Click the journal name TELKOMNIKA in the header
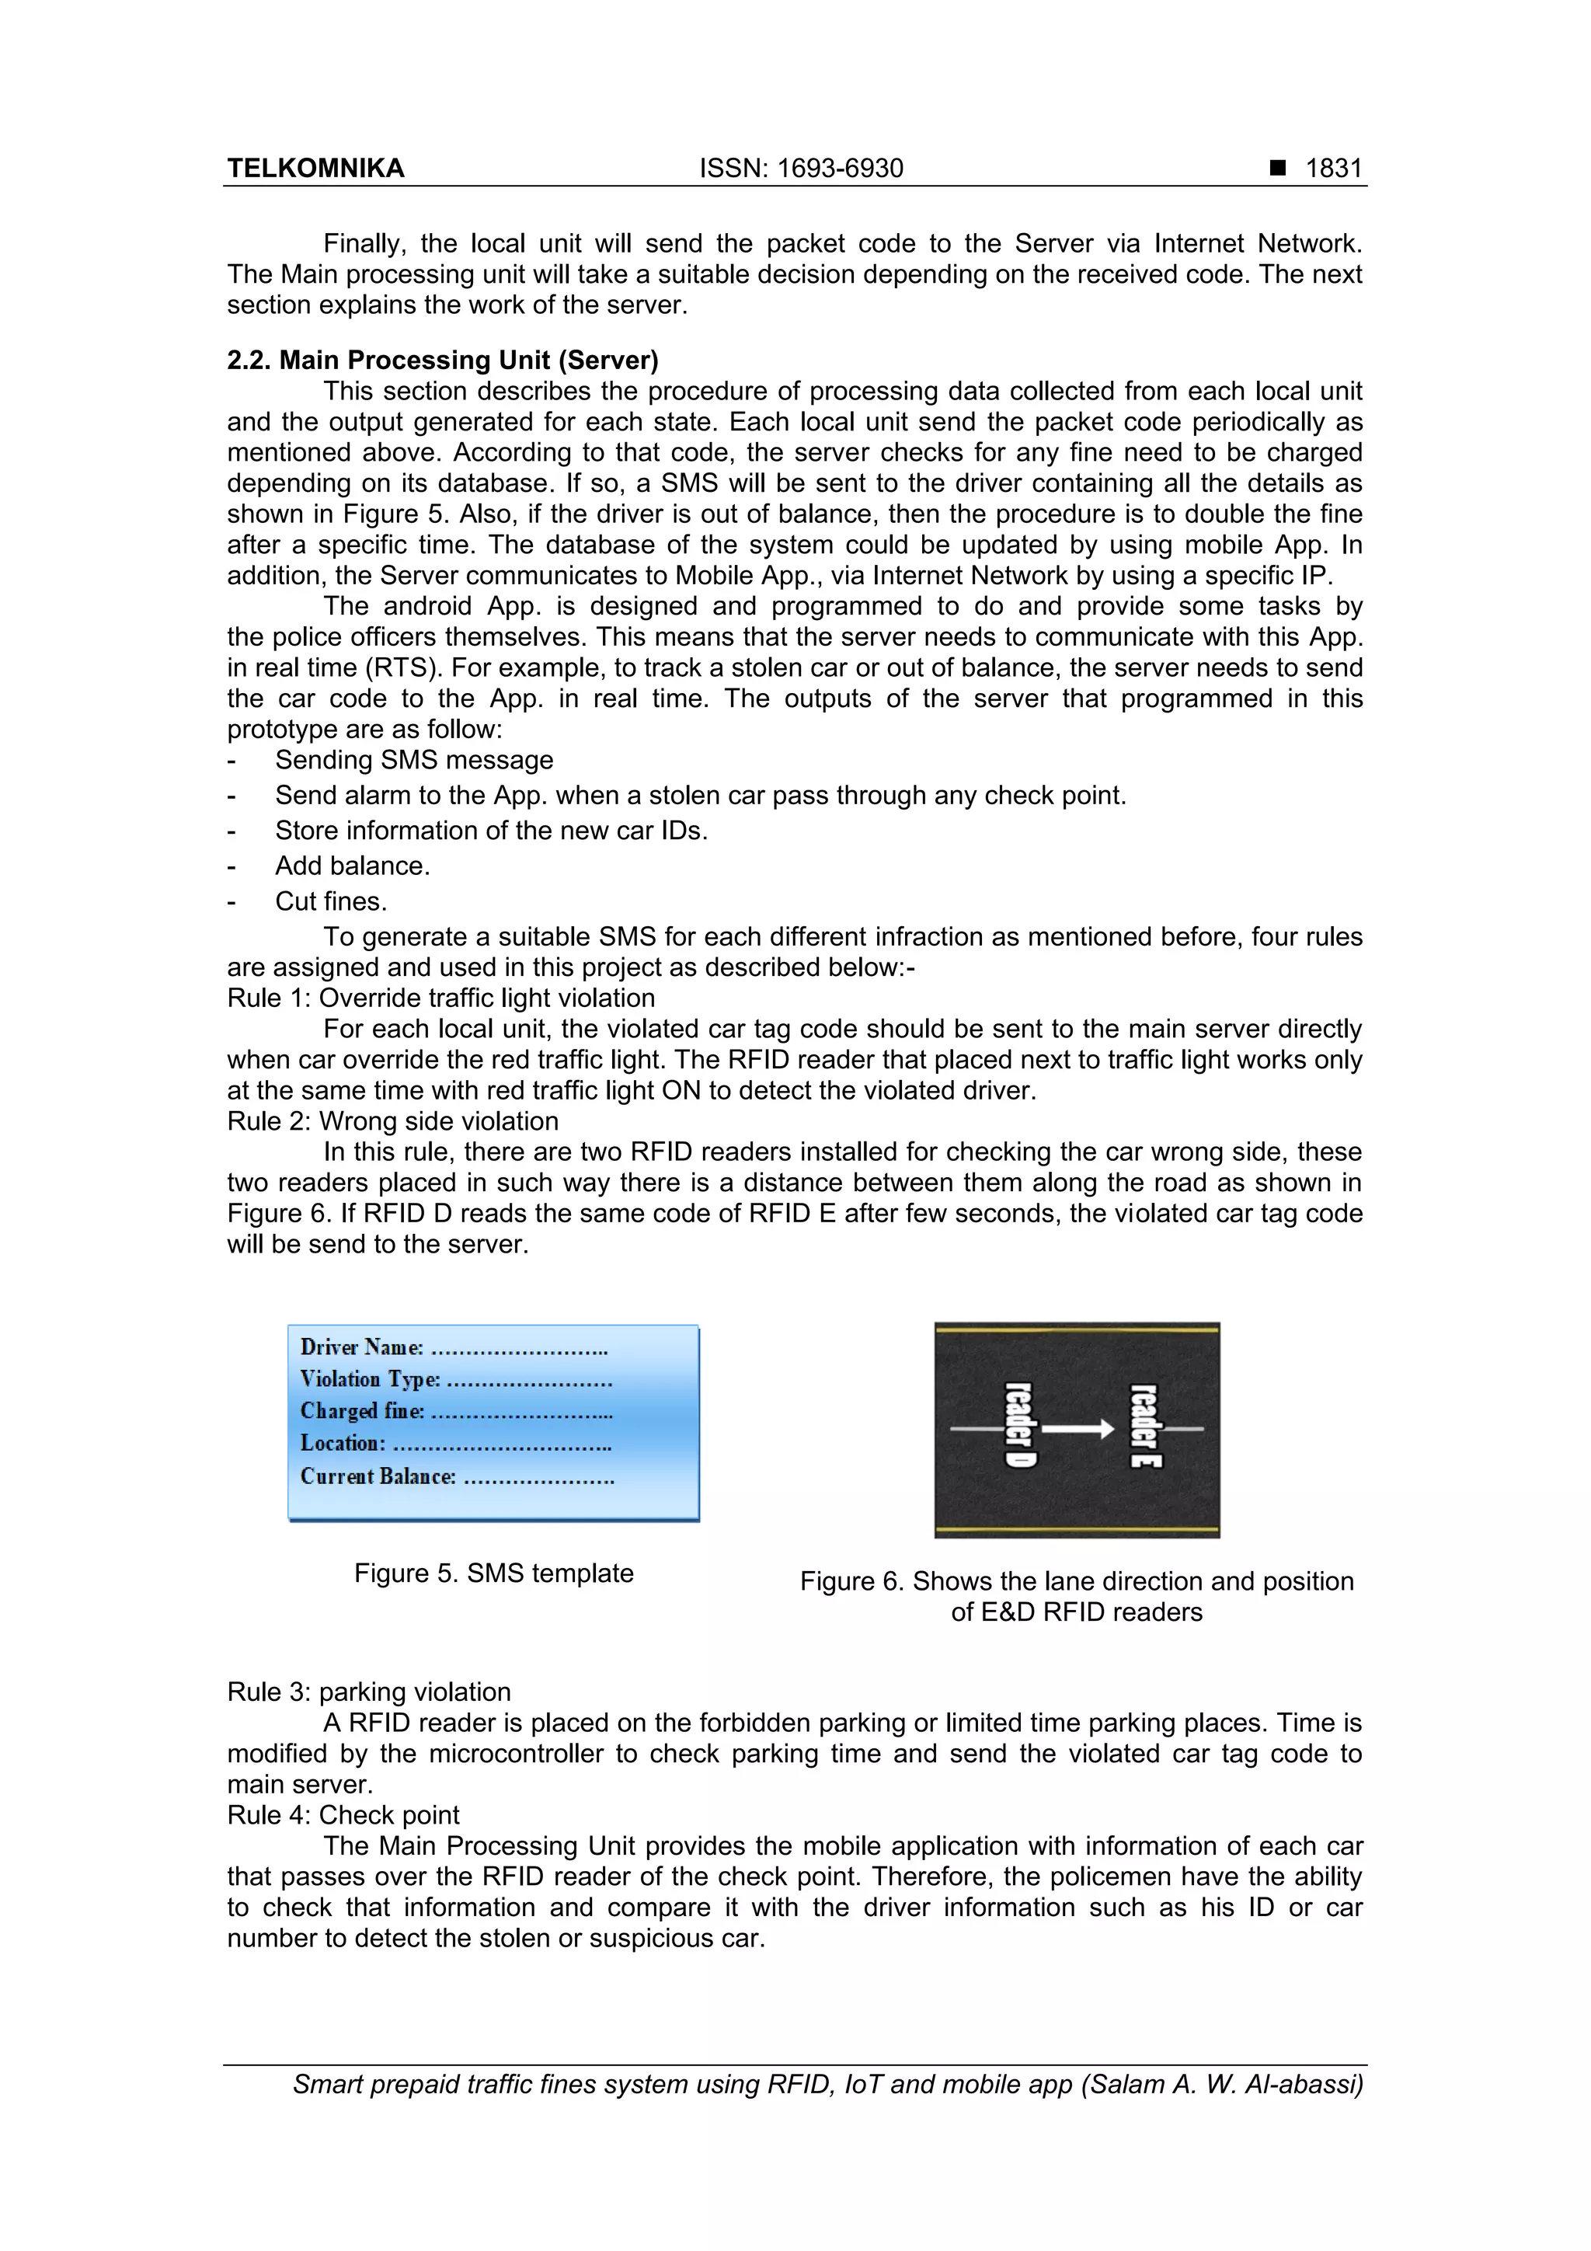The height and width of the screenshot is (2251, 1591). [x=315, y=169]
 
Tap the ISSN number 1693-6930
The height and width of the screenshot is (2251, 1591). [x=839, y=169]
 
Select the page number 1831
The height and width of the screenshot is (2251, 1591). [x=1333, y=169]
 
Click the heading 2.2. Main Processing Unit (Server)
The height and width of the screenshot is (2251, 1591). [x=442, y=360]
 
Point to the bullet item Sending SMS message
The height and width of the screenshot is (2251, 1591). [x=414, y=760]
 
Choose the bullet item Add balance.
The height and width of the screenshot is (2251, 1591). [x=352, y=866]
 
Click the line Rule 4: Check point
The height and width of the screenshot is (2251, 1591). [x=343, y=1815]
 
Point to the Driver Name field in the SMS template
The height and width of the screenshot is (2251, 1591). [x=453, y=1348]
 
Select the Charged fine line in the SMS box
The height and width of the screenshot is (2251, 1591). [x=456, y=1412]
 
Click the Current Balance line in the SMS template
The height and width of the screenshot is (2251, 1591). [x=457, y=1476]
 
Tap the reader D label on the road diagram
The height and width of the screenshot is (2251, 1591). [x=1019, y=1427]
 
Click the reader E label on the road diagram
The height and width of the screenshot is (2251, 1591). [x=1144, y=1427]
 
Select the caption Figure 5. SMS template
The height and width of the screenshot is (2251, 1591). [x=493, y=1573]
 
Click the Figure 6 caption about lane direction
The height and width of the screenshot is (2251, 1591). [x=1077, y=1596]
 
